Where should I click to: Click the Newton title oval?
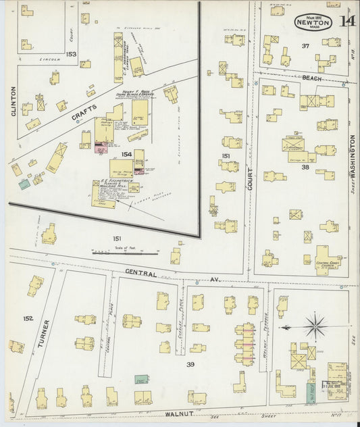(x=311, y=21)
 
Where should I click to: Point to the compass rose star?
(x=314, y=328)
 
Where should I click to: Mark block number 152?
(x=28, y=318)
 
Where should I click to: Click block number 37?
(x=305, y=46)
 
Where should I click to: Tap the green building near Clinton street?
(x=24, y=184)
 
